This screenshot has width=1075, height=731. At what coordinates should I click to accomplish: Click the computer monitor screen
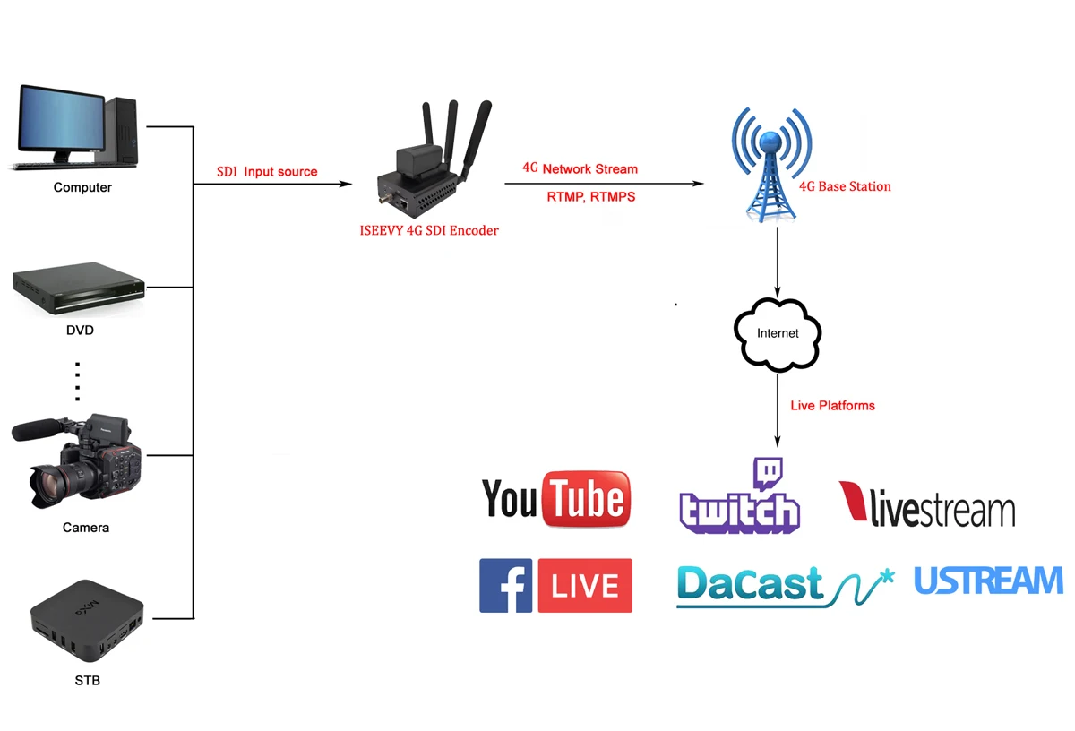(58, 120)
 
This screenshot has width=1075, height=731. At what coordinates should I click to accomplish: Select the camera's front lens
(50, 485)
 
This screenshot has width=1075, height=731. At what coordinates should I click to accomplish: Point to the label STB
(87, 681)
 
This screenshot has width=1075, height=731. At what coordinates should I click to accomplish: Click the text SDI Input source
(267, 171)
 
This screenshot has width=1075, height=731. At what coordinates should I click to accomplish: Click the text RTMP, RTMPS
(590, 196)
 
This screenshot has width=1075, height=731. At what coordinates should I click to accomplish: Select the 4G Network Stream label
(580, 168)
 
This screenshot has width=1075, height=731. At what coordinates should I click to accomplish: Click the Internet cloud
(777, 332)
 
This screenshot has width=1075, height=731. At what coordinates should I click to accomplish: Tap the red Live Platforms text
(832, 406)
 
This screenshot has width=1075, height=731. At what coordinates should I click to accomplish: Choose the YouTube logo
(556, 498)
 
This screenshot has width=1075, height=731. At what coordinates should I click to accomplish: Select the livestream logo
(927, 505)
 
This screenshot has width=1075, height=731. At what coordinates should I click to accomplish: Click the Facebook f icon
(505, 586)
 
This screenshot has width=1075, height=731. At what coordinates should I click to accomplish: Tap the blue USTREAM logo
(988, 581)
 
